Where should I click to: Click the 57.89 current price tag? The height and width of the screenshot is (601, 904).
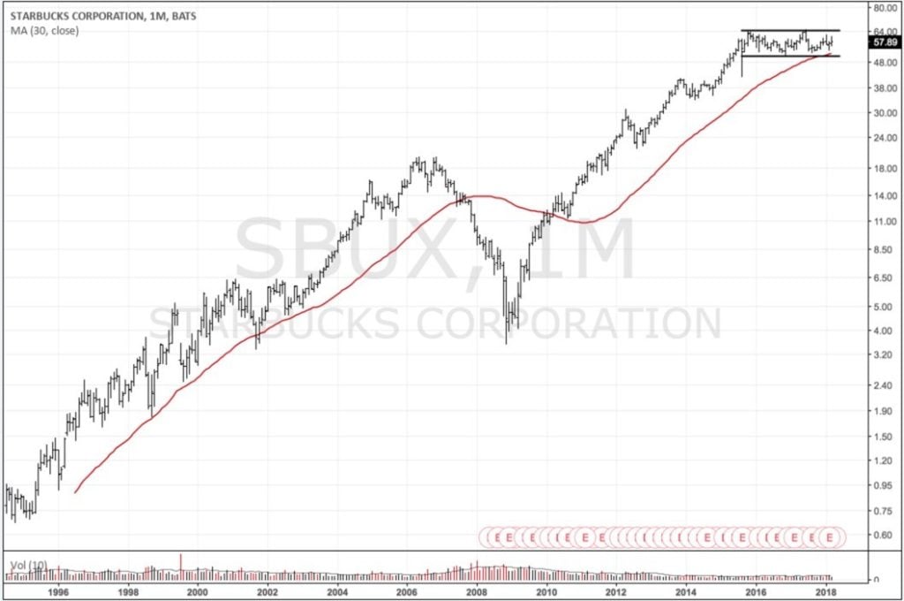[883, 42]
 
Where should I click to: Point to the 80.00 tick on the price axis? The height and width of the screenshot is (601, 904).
[883, 8]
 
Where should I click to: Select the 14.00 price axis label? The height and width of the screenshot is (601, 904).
[883, 195]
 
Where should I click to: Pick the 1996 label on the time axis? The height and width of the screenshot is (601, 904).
[58, 592]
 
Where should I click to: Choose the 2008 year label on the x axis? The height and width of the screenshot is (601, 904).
[477, 592]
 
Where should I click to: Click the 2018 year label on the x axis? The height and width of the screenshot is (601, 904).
[825, 592]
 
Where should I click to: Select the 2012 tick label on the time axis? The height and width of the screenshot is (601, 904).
[616, 592]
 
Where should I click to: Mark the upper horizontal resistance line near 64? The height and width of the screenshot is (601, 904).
[790, 31]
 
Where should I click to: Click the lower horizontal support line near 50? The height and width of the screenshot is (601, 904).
[790, 56]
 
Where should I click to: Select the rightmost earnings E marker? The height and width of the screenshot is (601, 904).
[830, 536]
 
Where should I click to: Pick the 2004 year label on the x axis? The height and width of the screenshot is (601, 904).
[337, 592]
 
